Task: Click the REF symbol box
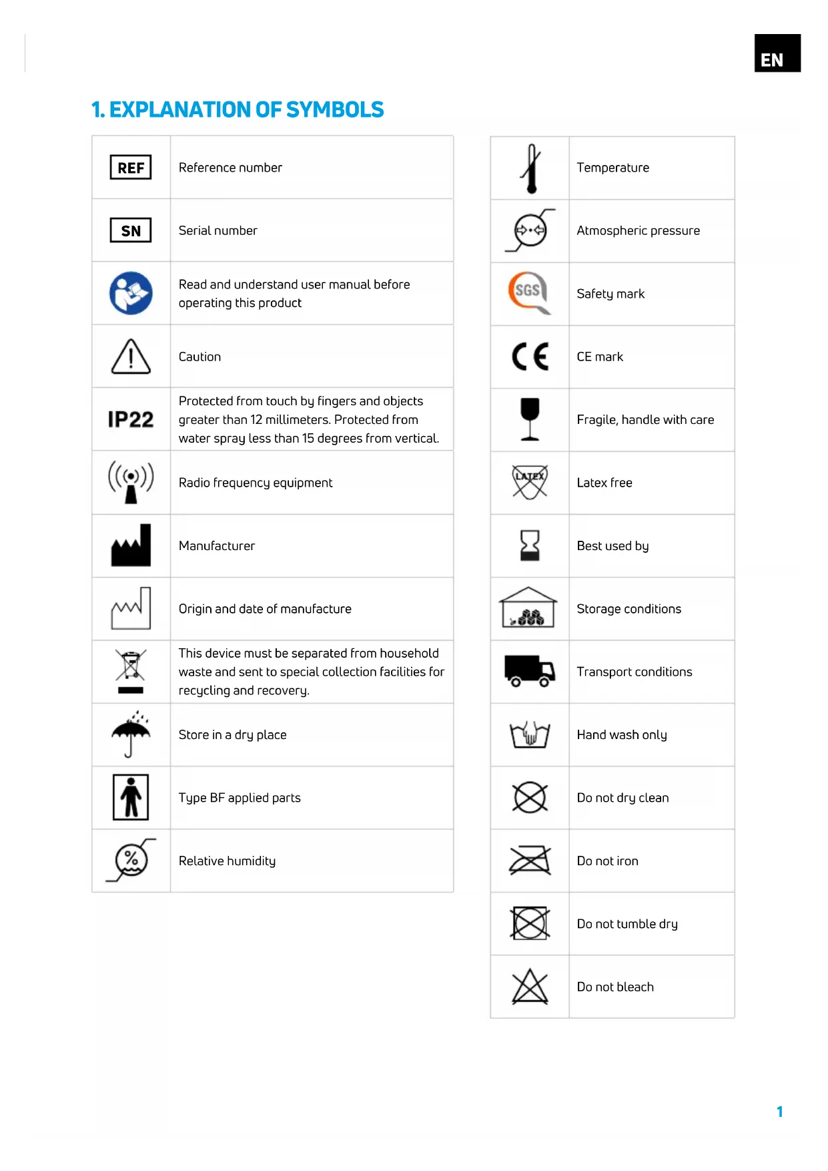coord(131,168)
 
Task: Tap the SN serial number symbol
coord(131,231)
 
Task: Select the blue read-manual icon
coord(131,293)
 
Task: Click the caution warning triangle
coord(131,357)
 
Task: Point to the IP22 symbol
coord(131,419)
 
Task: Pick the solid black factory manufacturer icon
coord(131,546)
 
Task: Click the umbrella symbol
coord(131,734)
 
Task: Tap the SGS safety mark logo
coord(529,292)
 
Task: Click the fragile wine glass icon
coord(530,419)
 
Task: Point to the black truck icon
coord(530,671)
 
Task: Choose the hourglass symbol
coord(530,545)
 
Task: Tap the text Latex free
coord(604,483)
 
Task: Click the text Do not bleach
coord(615,987)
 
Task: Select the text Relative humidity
coord(227,861)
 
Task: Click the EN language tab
coord(777,53)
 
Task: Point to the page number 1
coord(779,1112)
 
